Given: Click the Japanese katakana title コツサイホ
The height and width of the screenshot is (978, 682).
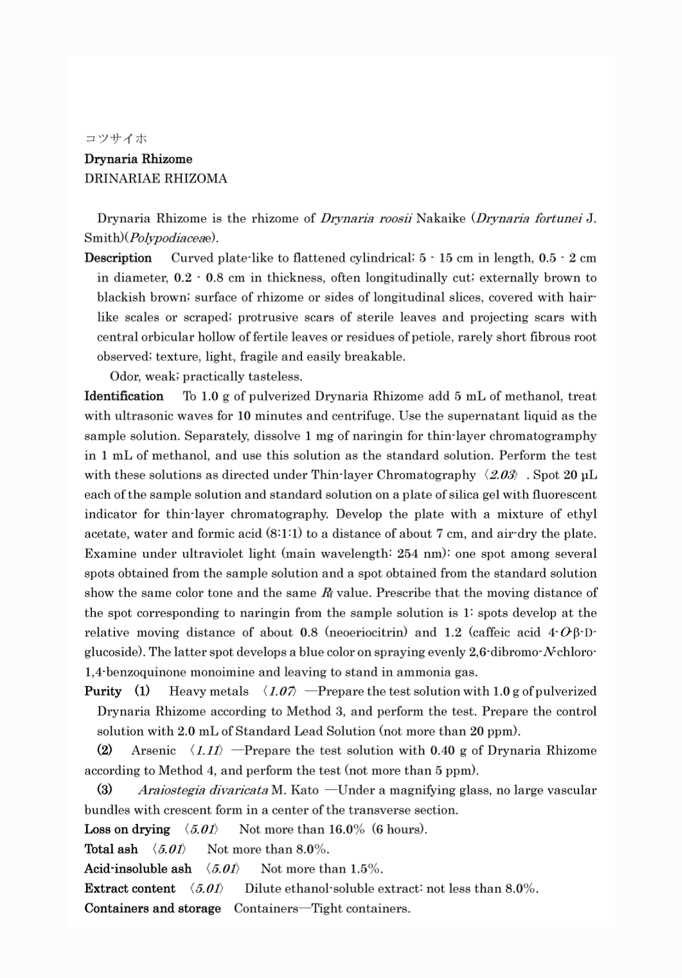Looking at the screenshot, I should [x=115, y=138].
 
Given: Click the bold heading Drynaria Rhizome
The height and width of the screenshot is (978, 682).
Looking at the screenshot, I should [x=138, y=159].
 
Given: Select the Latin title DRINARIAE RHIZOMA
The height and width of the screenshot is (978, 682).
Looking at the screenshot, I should [x=156, y=178].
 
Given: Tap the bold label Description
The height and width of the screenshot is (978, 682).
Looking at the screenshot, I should [x=118, y=258].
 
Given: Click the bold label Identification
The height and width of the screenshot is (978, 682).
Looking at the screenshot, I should [x=124, y=396].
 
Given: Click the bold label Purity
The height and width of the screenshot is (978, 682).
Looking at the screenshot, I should [x=103, y=691].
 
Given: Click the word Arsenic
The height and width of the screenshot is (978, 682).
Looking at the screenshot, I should [x=153, y=750].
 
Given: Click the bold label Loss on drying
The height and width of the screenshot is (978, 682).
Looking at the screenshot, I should [x=127, y=829].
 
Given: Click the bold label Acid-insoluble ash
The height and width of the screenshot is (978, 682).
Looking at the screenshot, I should [x=137, y=868].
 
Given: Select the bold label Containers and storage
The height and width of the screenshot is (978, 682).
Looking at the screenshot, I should [x=152, y=908].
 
